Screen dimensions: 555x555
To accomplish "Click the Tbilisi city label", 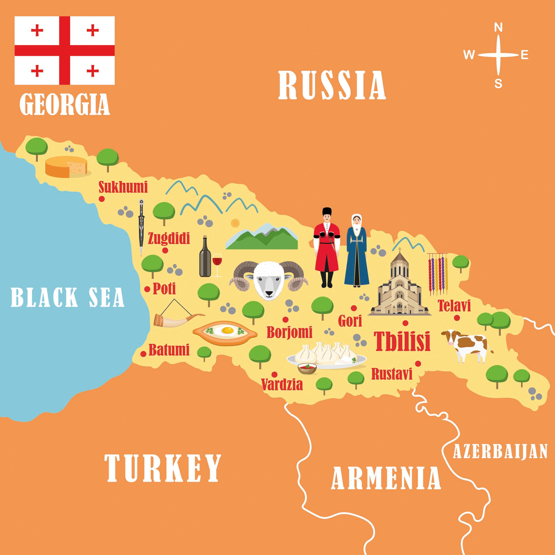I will (x=402, y=341).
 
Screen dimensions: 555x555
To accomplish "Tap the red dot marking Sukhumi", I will (x=101, y=198).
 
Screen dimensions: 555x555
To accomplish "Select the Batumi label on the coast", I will (x=169, y=350).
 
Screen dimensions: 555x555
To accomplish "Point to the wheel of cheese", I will (x=66, y=167).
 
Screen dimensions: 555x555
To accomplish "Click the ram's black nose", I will (x=269, y=293).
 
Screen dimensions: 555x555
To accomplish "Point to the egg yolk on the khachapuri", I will (x=228, y=330).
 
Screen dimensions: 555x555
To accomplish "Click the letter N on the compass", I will (x=498, y=28).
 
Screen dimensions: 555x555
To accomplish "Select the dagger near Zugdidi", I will (x=141, y=227).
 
